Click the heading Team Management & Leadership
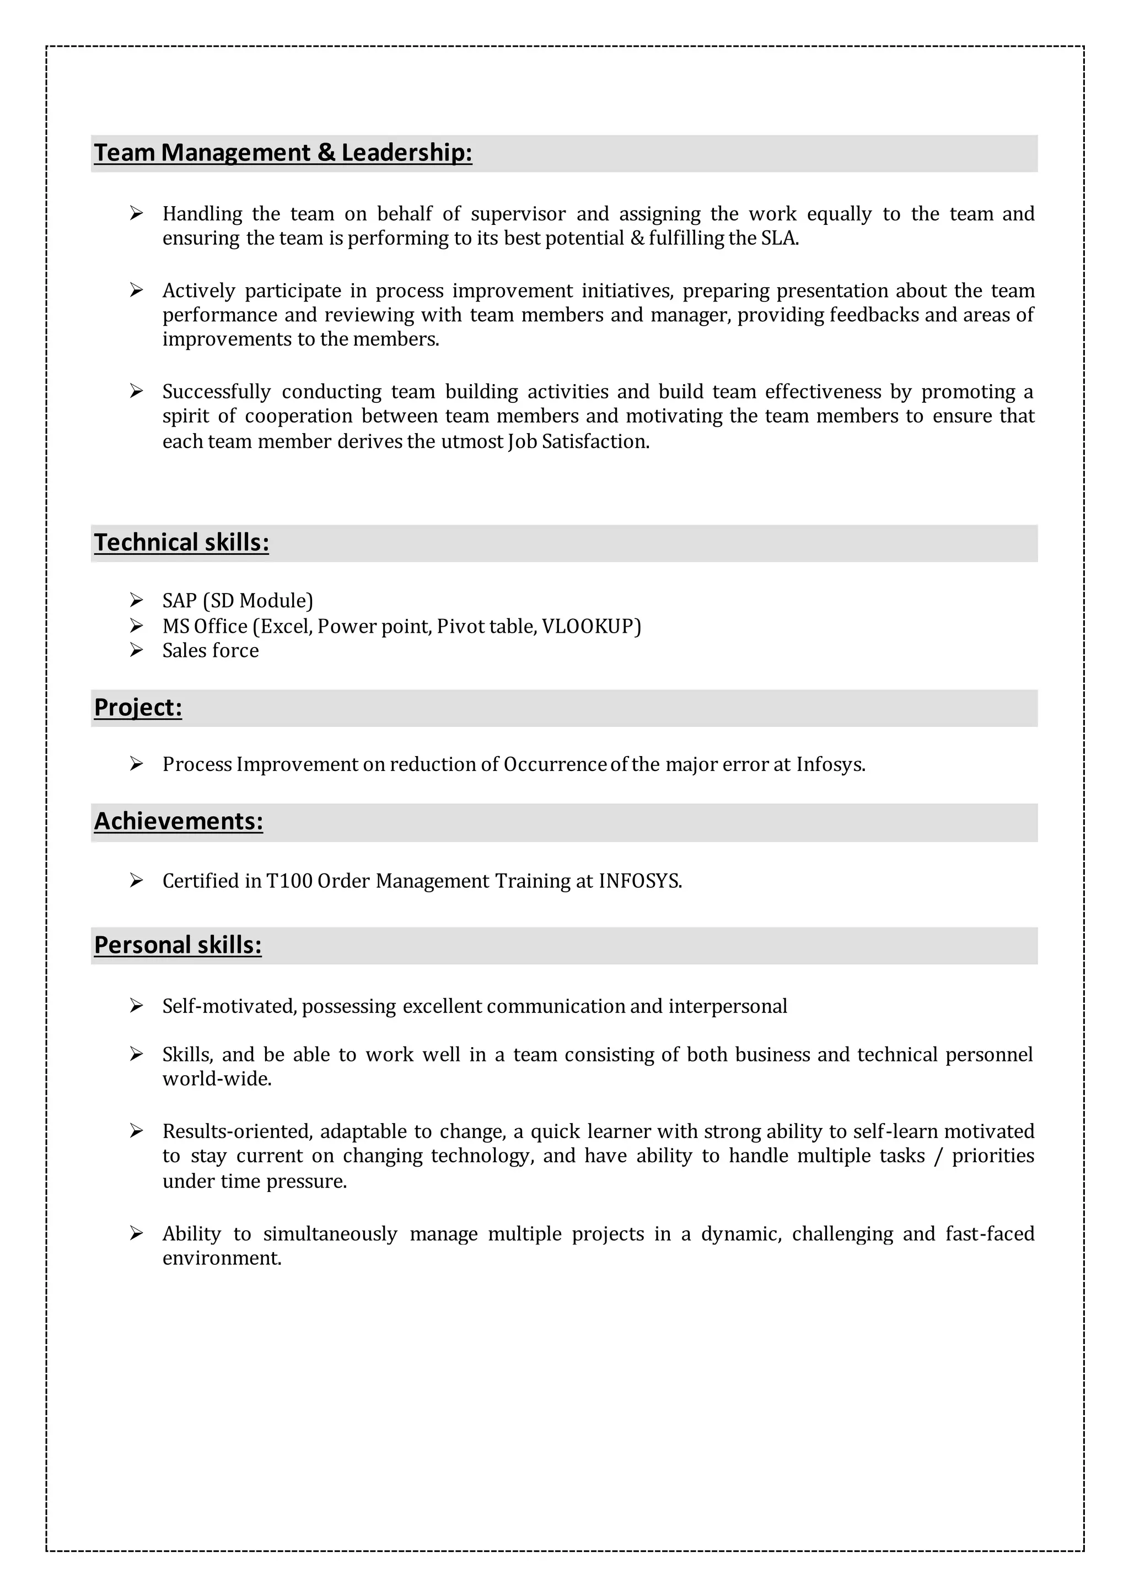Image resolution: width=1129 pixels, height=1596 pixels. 282,153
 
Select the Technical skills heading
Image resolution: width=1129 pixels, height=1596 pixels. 181,543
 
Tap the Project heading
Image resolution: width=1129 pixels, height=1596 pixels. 138,708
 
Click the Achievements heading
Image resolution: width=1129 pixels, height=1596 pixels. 179,822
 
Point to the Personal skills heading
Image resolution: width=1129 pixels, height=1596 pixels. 178,945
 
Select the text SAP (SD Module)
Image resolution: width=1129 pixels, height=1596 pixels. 238,601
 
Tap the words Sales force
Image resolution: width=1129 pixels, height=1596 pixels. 211,651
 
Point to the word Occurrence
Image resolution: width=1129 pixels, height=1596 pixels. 555,764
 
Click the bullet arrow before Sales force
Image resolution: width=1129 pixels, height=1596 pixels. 136,650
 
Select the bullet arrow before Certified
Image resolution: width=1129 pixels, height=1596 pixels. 136,881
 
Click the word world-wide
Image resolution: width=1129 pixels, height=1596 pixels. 216,1079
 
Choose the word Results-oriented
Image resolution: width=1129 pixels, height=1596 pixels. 237,1131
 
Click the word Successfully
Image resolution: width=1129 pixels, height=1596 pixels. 216,392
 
